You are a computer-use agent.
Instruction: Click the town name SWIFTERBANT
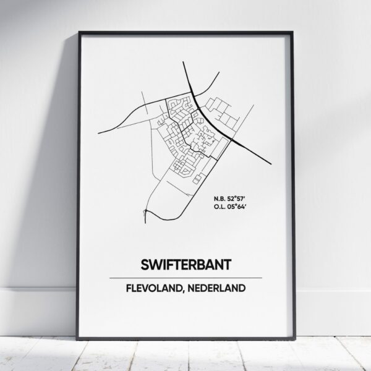pos(185,264)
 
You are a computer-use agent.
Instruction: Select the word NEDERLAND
pos(216,288)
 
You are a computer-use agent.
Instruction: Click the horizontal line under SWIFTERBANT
pos(185,276)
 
